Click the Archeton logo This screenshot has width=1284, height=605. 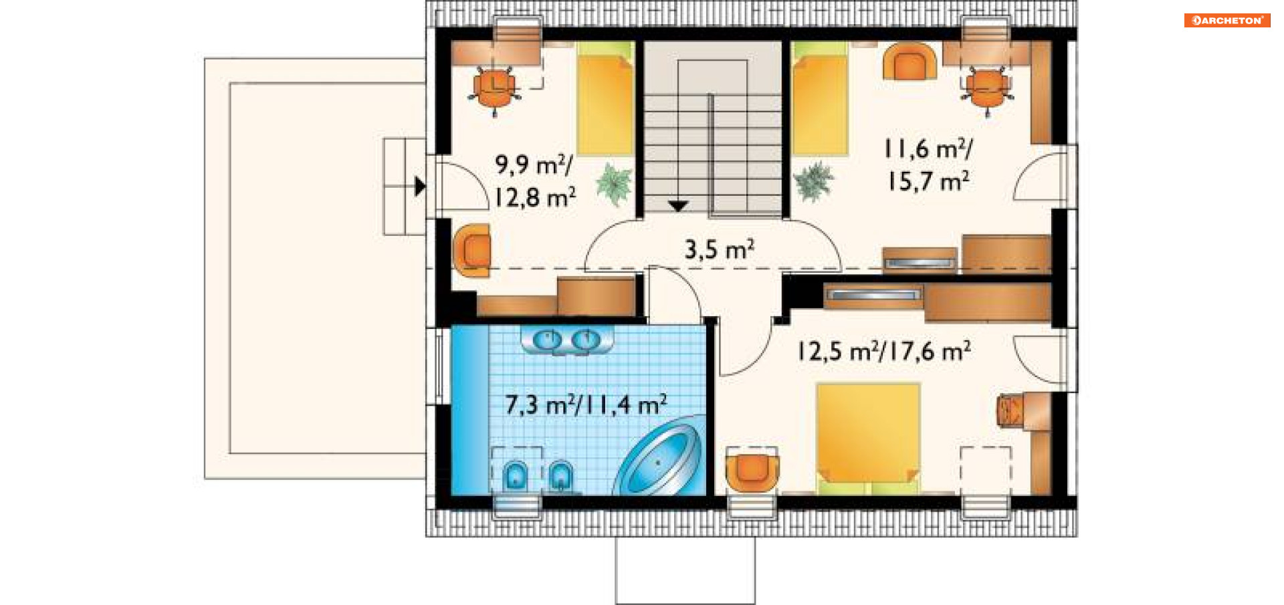pyautogui.click(x=1226, y=20)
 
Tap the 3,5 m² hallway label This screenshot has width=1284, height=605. pyautogui.click(x=720, y=249)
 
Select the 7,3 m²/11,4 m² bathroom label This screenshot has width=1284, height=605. pyautogui.click(x=586, y=404)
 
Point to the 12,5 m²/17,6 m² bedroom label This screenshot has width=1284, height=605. pyautogui.click(x=883, y=350)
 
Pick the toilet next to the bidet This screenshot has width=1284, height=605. pyautogui.click(x=516, y=475)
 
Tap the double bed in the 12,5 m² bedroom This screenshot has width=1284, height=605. pyautogui.click(x=868, y=439)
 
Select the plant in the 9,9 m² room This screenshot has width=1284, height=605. pyautogui.click(x=614, y=183)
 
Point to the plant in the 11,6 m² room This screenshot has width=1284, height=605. pyautogui.click(x=813, y=180)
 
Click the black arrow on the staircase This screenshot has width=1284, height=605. pyautogui.click(x=678, y=206)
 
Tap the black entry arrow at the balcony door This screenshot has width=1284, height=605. pyautogui.click(x=419, y=186)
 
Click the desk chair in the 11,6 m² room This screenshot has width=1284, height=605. pyautogui.click(x=987, y=90)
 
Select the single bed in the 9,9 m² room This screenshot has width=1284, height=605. pyautogui.click(x=605, y=99)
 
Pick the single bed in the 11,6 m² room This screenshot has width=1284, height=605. pyautogui.click(x=820, y=98)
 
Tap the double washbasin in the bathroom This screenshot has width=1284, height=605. pyautogui.click(x=567, y=340)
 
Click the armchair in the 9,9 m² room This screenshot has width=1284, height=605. pyautogui.click(x=472, y=251)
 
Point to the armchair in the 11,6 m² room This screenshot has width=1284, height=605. pyautogui.click(x=909, y=62)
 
